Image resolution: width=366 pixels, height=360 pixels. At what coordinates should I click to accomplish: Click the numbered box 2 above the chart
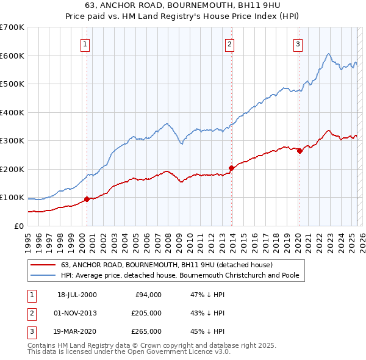[x=229, y=44]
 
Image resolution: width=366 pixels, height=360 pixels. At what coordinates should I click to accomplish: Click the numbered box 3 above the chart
[x=298, y=44]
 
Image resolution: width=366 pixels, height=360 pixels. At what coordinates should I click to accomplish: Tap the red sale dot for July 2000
[x=87, y=199]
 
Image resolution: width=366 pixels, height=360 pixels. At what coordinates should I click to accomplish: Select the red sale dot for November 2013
[x=232, y=168]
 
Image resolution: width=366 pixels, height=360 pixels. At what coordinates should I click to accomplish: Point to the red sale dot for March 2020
[x=300, y=151]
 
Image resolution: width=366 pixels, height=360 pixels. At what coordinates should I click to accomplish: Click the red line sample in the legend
[x=43, y=265]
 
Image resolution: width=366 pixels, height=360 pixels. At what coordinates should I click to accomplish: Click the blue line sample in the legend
[x=43, y=275]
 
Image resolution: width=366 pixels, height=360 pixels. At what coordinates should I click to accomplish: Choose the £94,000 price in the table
[x=148, y=295]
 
